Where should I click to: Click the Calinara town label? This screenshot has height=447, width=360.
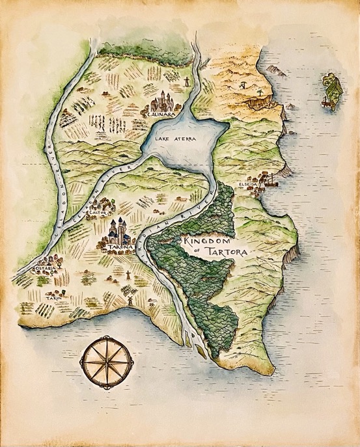tap(160, 115)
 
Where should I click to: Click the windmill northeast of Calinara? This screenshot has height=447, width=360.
tap(186, 81)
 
